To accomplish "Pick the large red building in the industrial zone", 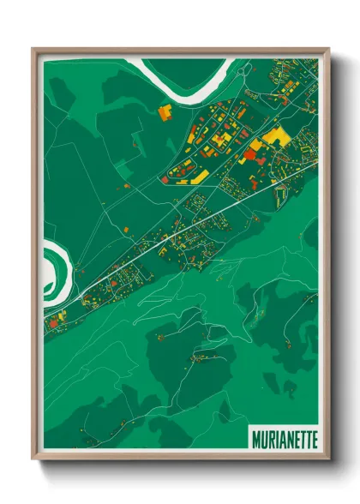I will click(x=250, y=154).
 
